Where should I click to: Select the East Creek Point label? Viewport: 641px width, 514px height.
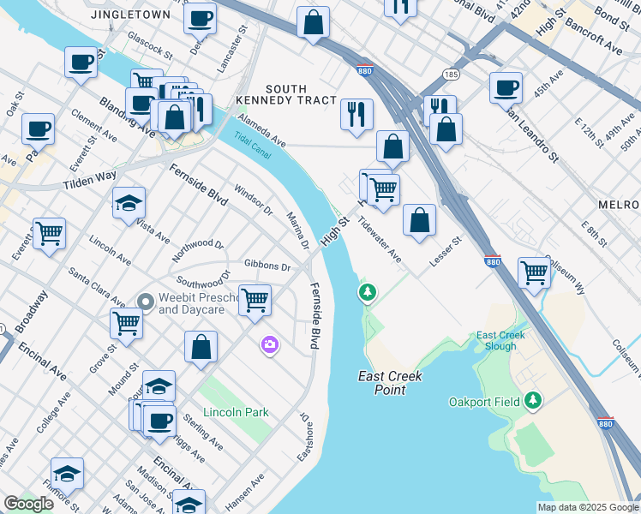[390, 382]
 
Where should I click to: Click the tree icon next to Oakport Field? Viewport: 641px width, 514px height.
[534, 400]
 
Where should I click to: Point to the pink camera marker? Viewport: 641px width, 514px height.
[270, 344]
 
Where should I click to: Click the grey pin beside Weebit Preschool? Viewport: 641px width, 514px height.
[146, 302]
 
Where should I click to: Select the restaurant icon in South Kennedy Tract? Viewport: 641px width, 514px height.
[356, 113]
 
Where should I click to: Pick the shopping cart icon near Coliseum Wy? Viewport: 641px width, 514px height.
[535, 272]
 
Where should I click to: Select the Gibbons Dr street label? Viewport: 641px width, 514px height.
[267, 266]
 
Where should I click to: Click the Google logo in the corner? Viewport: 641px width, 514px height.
[28, 504]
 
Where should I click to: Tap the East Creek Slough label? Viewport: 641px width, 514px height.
[501, 340]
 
